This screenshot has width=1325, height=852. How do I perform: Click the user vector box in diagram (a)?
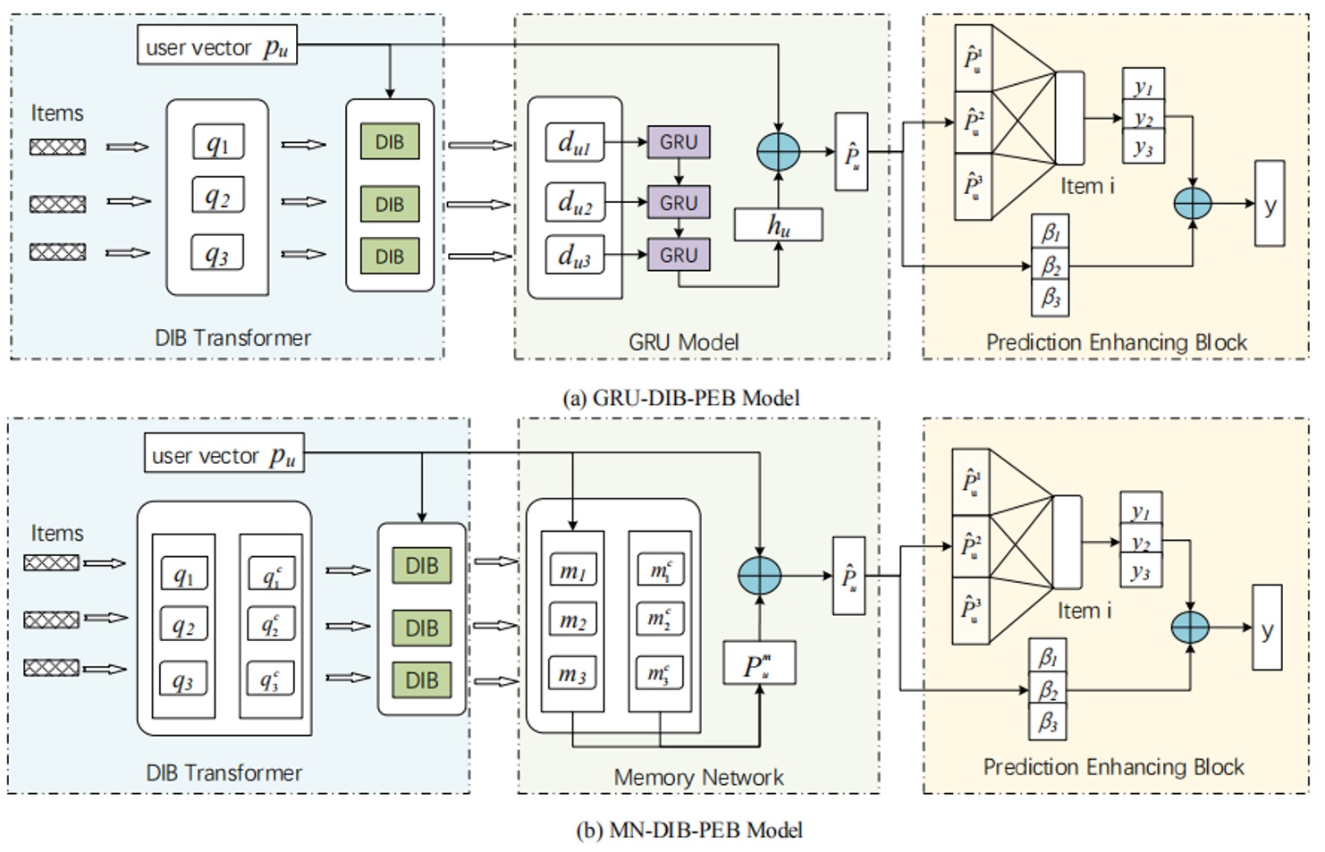coord(216,45)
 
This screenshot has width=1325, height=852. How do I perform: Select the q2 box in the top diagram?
coord(217,196)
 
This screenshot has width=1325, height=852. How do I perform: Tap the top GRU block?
coord(678,142)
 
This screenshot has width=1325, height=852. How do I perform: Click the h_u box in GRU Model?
coord(778,225)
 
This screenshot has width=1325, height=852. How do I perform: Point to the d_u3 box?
coord(574,256)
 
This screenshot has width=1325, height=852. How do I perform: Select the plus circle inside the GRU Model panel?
coord(778,152)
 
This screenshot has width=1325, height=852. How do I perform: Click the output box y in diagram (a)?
coord(1270,204)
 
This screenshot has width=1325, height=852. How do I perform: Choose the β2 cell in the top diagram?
coord(1050,266)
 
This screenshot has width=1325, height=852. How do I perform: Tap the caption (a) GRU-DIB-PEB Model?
coord(680,398)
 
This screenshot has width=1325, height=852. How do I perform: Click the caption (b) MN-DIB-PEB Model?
coord(688,830)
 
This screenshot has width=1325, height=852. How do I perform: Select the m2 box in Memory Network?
coord(572,620)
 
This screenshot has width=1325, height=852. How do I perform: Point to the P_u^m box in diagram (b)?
coord(758,664)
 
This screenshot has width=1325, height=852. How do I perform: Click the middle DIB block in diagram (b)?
coord(421,628)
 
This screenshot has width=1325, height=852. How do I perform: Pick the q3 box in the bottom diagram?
coord(182,679)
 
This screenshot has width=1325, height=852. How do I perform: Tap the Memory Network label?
coord(698,777)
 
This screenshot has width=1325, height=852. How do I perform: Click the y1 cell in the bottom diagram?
coord(1141,512)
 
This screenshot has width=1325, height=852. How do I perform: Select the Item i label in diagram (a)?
coord(1087,186)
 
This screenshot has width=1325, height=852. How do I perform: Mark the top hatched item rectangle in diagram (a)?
coord(57,147)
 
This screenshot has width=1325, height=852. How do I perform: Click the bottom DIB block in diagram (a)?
coord(389,257)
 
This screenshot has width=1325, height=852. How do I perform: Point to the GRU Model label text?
coord(683,342)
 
